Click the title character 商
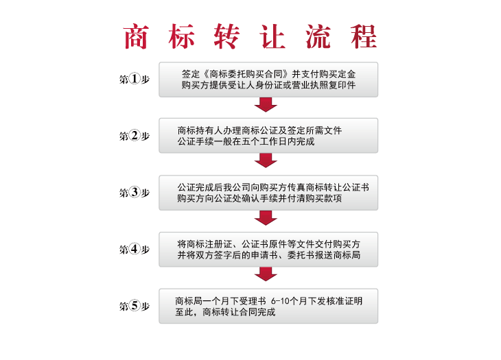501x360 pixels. pyautogui.click(x=136, y=37)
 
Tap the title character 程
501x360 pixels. pyautogui.click(x=364, y=37)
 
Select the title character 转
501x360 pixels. pyautogui.click(x=227, y=37)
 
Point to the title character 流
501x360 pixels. pyautogui.click(x=318, y=37)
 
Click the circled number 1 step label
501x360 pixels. pyautogui.click(x=135, y=79)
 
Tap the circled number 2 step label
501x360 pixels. pyautogui.click(x=135, y=136)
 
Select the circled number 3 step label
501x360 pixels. pyautogui.click(x=135, y=193)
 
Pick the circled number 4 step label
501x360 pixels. pyautogui.click(x=135, y=249)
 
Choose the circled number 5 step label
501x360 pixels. pyautogui.click(x=135, y=306)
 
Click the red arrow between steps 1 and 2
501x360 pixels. pyautogui.click(x=266, y=105)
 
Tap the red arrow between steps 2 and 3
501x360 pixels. pyautogui.click(x=266, y=160)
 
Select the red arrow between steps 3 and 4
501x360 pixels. pyautogui.click(x=266, y=218)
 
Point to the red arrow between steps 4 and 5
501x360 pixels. pyautogui.click(x=266, y=274)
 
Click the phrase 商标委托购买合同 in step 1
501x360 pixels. pyautogui.click(x=246, y=74)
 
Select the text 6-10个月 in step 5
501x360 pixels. pyautogui.click(x=289, y=301)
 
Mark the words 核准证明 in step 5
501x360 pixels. pyautogui.click(x=344, y=301)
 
